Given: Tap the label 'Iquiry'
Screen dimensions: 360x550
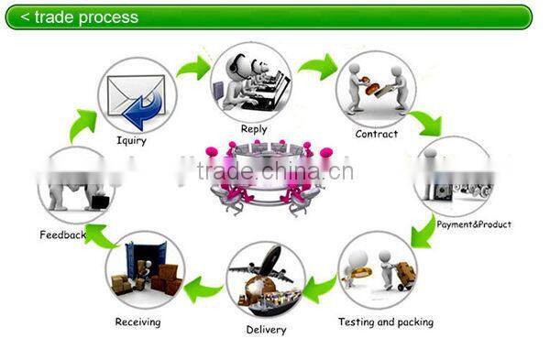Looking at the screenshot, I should click(x=130, y=141).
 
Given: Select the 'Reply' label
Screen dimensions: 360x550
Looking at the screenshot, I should click(x=254, y=129).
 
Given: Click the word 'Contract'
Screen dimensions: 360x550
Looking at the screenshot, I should click(x=377, y=134).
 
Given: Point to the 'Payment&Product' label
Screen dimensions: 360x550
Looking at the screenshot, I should click(x=474, y=224).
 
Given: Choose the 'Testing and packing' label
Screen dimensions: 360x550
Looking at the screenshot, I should click(x=386, y=322).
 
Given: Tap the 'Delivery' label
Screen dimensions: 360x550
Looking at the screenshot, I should click(x=266, y=330).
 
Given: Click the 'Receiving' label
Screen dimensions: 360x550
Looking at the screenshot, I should click(x=137, y=322).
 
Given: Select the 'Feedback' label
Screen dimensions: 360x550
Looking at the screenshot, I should click(x=62, y=235).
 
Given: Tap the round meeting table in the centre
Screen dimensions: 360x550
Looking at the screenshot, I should click(x=272, y=174).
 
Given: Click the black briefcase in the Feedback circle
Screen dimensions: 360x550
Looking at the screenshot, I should click(x=98, y=201).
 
